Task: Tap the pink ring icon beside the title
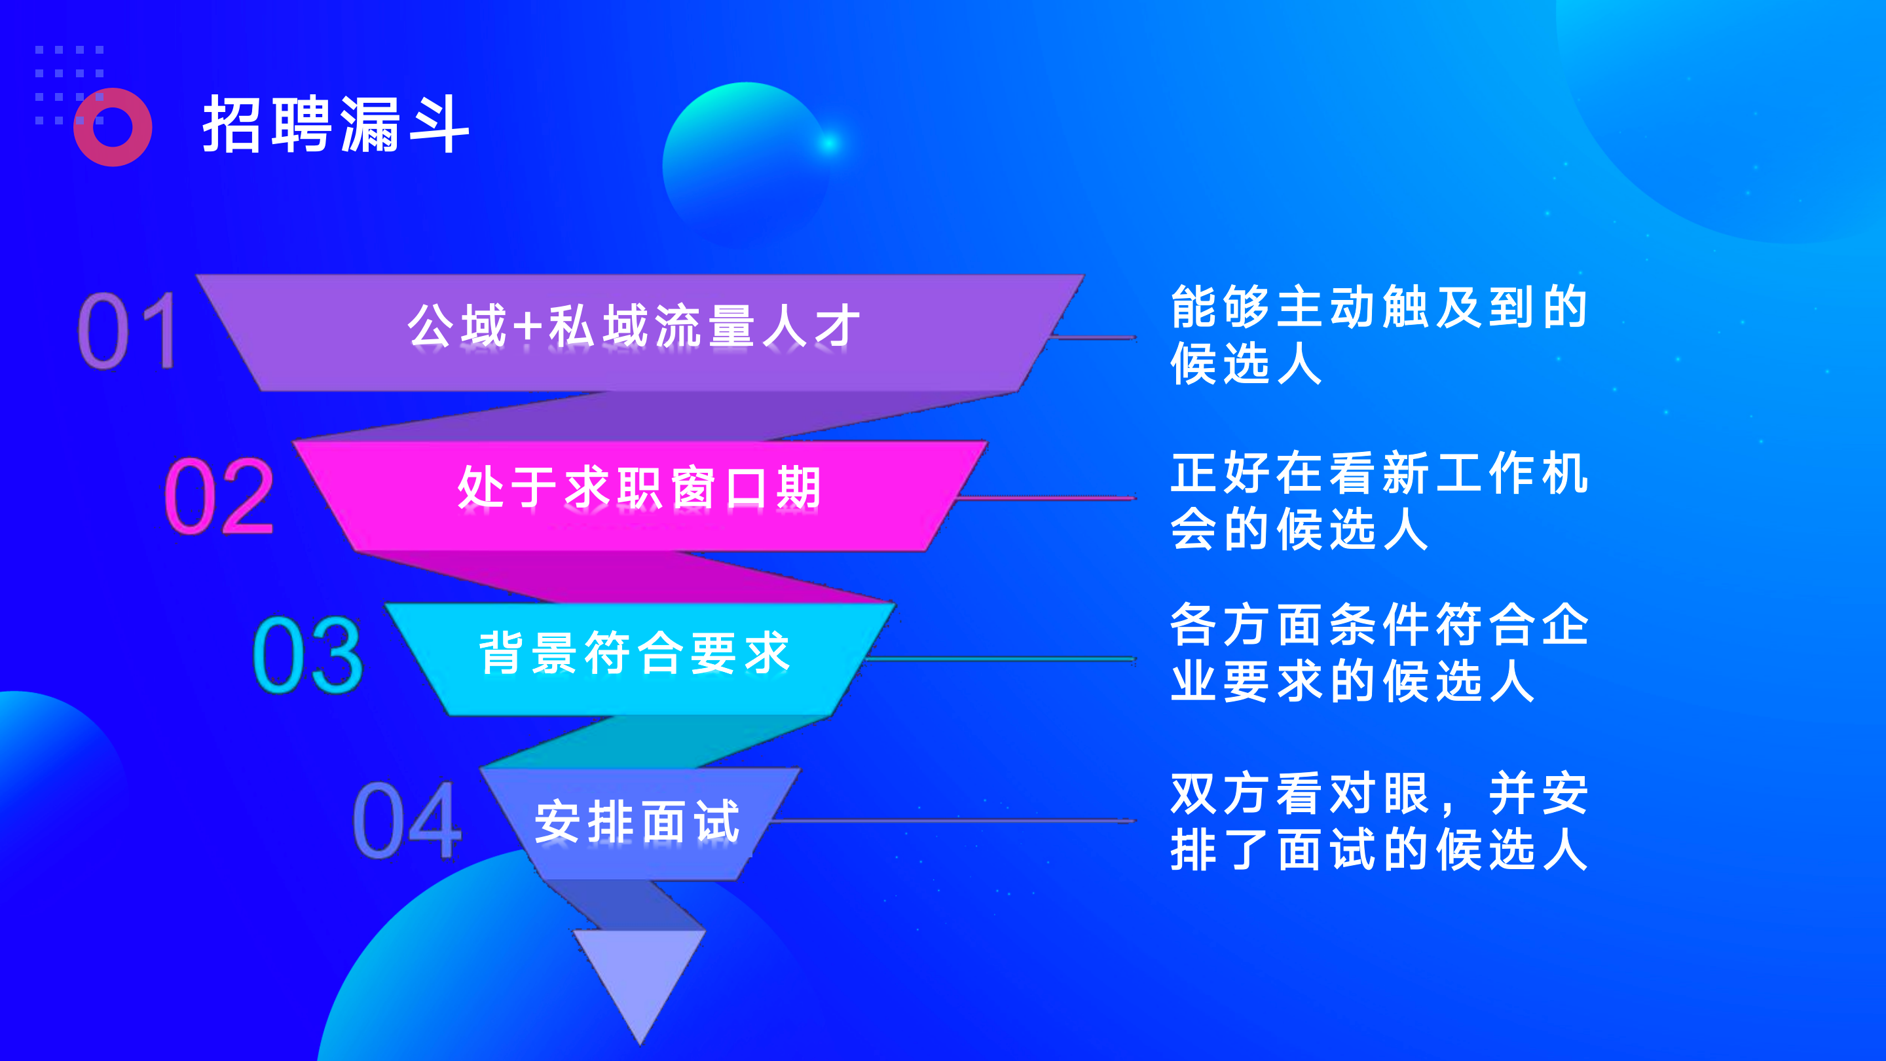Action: (113, 128)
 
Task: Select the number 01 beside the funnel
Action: (128, 330)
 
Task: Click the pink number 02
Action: (218, 496)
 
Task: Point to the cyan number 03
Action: (308, 656)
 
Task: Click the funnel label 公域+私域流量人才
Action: (634, 327)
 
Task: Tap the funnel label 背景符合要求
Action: (634, 652)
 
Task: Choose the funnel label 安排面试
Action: (637, 821)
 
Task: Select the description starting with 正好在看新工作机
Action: (1378, 500)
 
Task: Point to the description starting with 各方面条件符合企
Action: (1378, 652)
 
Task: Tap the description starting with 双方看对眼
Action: (1378, 821)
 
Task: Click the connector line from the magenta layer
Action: (1047, 498)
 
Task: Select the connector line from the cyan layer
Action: (999, 658)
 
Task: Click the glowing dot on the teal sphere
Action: (830, 143)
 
